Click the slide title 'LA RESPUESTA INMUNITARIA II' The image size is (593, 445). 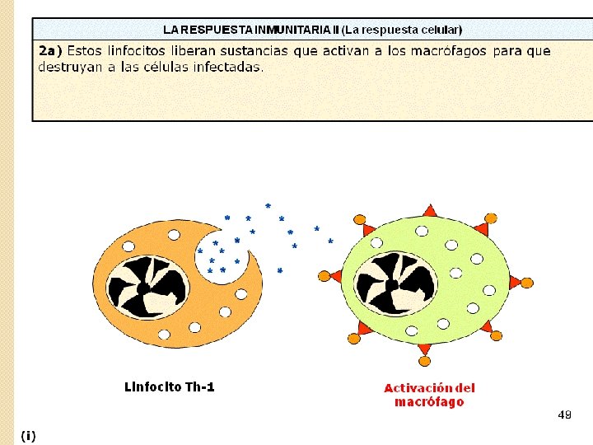[x=250, y=30]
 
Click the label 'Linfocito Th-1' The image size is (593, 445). [x=169, y=386]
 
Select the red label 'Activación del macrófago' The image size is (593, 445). [x=429, y=395]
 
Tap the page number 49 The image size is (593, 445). [x=564, y=415]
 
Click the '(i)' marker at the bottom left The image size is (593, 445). [x=29, y=435]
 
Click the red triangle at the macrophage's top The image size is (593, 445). [x=429, y=211]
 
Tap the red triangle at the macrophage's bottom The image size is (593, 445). [x=424, y=350]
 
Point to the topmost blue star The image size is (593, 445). [x=268, y=205]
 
